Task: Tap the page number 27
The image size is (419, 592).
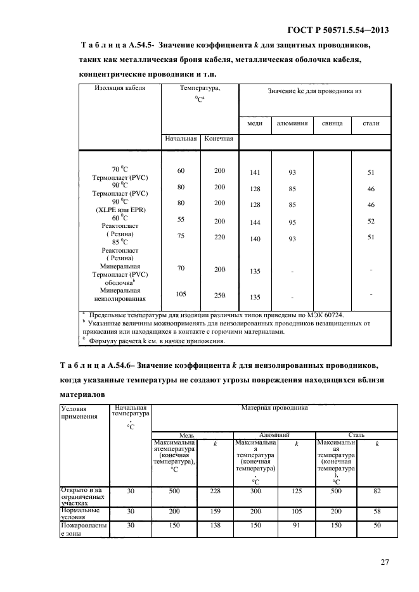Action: [384, 561]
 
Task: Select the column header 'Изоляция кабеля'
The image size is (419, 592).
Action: [120, 88]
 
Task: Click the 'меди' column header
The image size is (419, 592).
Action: [255, 123]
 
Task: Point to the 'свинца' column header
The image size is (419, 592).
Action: [332, 123]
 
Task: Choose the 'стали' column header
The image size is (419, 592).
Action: [371, 123]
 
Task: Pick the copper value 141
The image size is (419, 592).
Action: [255, 172]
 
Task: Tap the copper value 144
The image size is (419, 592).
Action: [255, 222]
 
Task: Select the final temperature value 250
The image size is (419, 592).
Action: [219, 294]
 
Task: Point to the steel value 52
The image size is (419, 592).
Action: [371, 221]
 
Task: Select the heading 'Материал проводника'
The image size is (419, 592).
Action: [274, 408]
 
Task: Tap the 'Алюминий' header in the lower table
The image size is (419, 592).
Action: [274, 436]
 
